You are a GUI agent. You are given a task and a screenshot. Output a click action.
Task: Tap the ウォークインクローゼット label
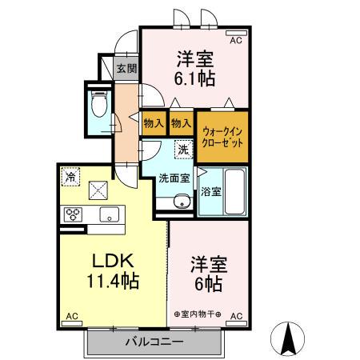tap(222, 135)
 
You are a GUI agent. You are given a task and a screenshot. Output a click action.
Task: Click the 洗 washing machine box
tap(183, 148)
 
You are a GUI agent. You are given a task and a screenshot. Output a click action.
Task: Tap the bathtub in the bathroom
tap(234, 192)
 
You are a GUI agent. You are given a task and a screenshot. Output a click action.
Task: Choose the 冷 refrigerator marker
tap(71, 177)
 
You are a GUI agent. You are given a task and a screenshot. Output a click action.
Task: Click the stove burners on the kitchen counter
tap(74, 214)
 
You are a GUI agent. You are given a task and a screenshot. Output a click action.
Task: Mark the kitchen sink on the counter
tap(109, 214)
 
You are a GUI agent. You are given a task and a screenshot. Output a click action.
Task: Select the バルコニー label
tap(154, 343)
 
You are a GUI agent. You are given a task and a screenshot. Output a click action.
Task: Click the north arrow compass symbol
tap(290, 338)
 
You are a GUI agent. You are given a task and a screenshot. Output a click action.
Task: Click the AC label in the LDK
tap(70, 317)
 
